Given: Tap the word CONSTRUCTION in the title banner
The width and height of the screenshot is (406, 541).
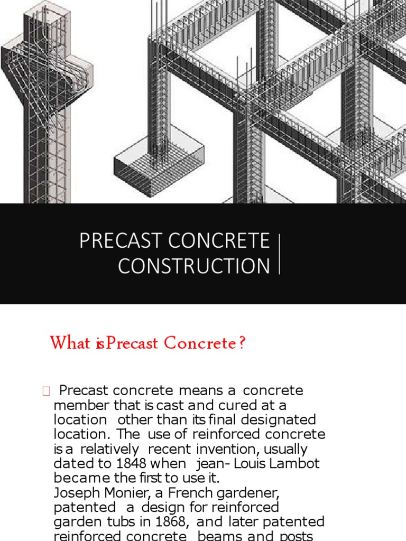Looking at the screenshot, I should coord(194,266).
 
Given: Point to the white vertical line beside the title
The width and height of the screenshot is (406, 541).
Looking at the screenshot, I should coord(279,254).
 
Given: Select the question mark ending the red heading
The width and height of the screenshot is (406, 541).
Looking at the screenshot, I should coord(242,343).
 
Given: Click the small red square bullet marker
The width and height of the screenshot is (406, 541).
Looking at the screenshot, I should coord(45,391).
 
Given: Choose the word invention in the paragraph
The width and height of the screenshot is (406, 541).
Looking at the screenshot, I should coord(220,449).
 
